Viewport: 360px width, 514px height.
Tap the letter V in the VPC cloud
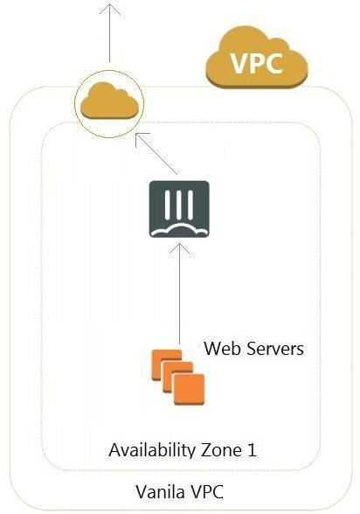(239, 63)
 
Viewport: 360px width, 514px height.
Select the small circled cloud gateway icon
(109, 103)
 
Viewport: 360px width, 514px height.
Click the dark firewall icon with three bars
(179, 209)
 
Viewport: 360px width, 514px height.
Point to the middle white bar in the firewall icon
(179, 205)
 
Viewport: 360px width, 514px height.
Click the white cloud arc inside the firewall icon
(179, 230)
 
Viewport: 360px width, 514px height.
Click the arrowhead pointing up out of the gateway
(110, 9)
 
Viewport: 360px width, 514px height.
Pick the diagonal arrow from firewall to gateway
(157, 154)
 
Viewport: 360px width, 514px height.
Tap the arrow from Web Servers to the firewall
(179, 294)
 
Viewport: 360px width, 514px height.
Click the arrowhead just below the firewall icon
(179, 249)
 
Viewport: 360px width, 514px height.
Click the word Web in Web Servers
(222, 349)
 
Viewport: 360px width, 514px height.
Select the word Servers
(274, 349)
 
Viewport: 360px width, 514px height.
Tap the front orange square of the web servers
(189, 389)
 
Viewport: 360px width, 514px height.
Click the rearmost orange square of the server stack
(166, 365)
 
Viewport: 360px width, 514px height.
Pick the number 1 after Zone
(252, 450)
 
